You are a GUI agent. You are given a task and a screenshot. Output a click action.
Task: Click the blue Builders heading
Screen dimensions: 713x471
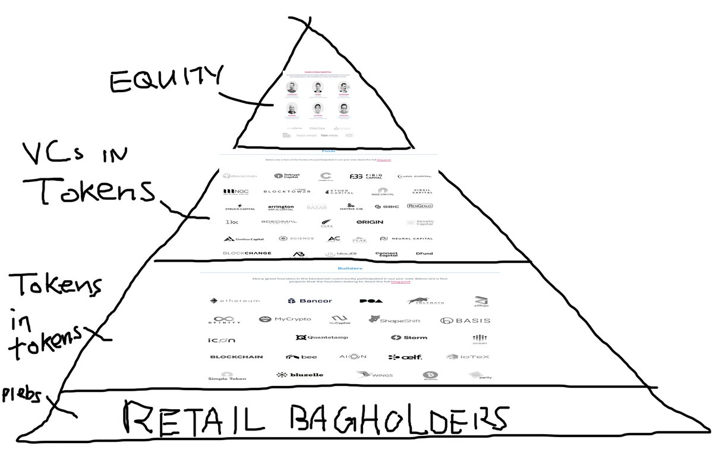point(349,268)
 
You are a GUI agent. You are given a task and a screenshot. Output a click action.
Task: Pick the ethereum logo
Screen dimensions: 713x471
point(235,301)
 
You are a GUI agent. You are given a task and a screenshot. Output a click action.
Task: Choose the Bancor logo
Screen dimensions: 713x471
point(310,301)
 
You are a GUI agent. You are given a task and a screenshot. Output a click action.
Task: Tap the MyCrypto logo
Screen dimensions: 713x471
point(285,319)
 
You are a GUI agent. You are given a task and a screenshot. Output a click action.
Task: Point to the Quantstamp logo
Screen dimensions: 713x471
point(322,338)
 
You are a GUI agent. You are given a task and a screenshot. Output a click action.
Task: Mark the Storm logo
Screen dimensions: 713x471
point(409,338)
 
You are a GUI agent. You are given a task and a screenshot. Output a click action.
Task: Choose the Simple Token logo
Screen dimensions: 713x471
point(227,376)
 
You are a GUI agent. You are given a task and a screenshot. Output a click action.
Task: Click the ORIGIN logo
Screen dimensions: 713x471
point(370,222)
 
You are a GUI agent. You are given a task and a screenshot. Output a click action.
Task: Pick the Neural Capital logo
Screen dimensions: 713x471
point(405,238)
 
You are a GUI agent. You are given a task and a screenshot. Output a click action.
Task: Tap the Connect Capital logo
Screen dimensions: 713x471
point(386,254)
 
